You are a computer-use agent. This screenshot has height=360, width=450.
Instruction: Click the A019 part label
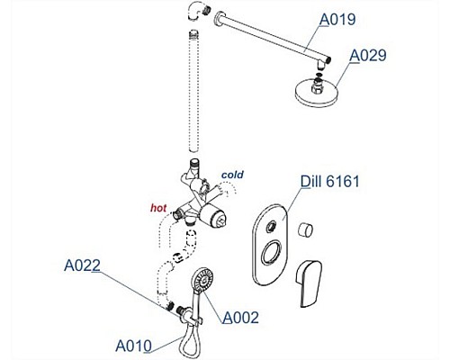(x=337, y=20)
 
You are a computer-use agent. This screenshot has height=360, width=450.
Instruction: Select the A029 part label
(x=368, y=56)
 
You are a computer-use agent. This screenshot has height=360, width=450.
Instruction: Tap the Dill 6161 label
(x=330, y=181)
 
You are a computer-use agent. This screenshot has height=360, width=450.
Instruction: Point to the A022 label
(x=82, y=265)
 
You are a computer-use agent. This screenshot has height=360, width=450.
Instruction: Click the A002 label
(x=240, y=318)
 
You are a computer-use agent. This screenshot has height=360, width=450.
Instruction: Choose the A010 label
(x=133, y=346)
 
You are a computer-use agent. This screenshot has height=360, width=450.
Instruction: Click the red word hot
(x=158, y=208)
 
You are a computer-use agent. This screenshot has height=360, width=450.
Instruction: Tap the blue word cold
(x=232, y=175)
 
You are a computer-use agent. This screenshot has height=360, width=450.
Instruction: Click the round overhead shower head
(x=317, y=91)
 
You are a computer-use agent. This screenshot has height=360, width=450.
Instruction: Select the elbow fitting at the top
(x=196, y=11)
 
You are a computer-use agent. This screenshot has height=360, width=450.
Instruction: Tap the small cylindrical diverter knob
(x=305, y=230)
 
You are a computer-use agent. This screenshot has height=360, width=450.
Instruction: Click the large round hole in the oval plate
(x=271, y=253)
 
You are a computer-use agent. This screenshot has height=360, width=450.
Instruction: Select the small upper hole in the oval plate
(x=271, y=226)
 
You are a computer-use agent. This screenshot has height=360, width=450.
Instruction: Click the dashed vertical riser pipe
(x=194, y=91)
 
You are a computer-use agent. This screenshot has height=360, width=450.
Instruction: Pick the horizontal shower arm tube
(x=273, y=38)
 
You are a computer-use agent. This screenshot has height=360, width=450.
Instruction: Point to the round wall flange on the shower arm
(x=219, y=18)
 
